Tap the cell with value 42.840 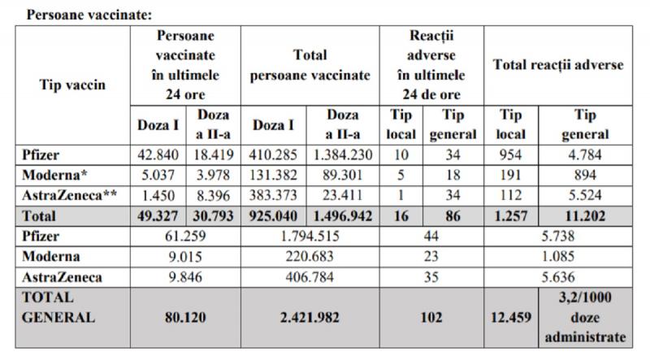click(x=156, y=154)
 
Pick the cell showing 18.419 click(x=214, y=154)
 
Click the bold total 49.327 click(x=156, y=216)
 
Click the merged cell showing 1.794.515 click(x=310, y=236)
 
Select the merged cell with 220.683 click(x=310, y=257)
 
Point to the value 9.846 click(x=186, y=277)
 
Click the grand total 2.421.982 click(x=310, y=318)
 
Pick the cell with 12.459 click(x=510, y=318)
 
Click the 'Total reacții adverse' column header click(x=558, y=65)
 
